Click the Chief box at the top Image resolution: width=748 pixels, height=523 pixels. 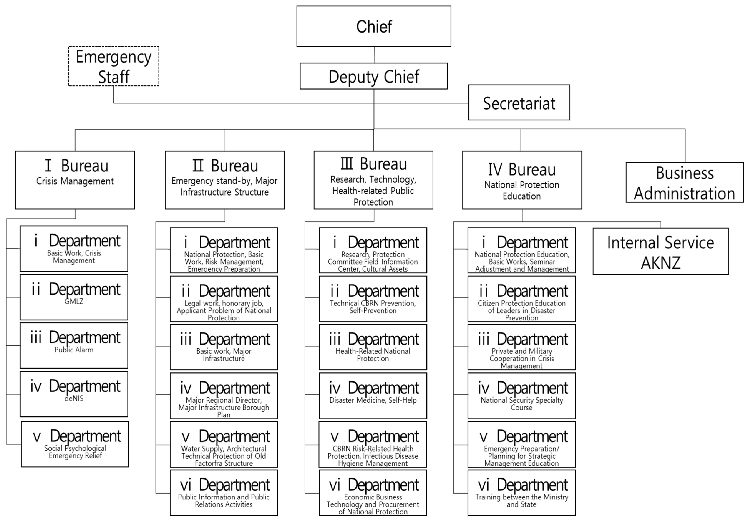pos(374,26)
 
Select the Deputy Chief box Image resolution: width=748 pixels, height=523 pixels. pos(373,76)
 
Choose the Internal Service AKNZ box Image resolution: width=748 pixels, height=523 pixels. pos(660,251)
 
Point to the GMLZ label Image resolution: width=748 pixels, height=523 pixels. pos(74,302)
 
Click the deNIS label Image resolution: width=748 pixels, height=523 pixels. pos(74,398)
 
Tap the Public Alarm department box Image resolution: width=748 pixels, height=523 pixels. pos(74,346)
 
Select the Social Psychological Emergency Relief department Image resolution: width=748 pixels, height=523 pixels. pos(75,444)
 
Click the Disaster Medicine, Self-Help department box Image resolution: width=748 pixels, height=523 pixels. pos(373,396)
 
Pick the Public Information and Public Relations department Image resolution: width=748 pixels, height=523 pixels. pos(224,493)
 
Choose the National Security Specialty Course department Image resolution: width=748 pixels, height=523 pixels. pos(522,396)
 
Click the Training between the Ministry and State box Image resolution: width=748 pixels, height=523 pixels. pos(522,493)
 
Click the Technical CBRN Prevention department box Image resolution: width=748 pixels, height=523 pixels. pos(373,299)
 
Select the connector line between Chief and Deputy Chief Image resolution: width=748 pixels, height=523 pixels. pos(374,55)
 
